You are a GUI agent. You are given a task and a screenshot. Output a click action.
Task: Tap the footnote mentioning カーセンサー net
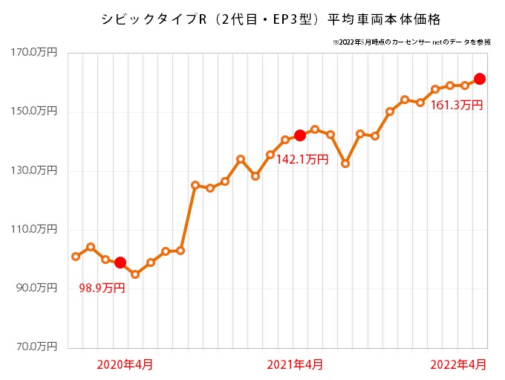412,42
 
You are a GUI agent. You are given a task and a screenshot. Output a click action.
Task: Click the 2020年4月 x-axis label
126,364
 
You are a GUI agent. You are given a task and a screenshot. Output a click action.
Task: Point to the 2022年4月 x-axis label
460,364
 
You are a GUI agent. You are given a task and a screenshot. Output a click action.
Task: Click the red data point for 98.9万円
120,263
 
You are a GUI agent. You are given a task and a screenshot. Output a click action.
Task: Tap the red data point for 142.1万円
300,135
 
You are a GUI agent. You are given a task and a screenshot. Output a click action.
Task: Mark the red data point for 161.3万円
480,79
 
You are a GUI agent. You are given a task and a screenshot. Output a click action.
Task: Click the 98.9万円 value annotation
102,288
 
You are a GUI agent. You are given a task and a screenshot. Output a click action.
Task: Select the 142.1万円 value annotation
302,159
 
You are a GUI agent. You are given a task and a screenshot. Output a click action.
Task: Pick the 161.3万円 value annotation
457,106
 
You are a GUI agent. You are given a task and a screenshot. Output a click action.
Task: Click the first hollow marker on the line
76,257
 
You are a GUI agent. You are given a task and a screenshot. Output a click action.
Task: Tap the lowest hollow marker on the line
135,274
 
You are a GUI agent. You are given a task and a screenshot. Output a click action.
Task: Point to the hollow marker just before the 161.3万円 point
465,86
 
